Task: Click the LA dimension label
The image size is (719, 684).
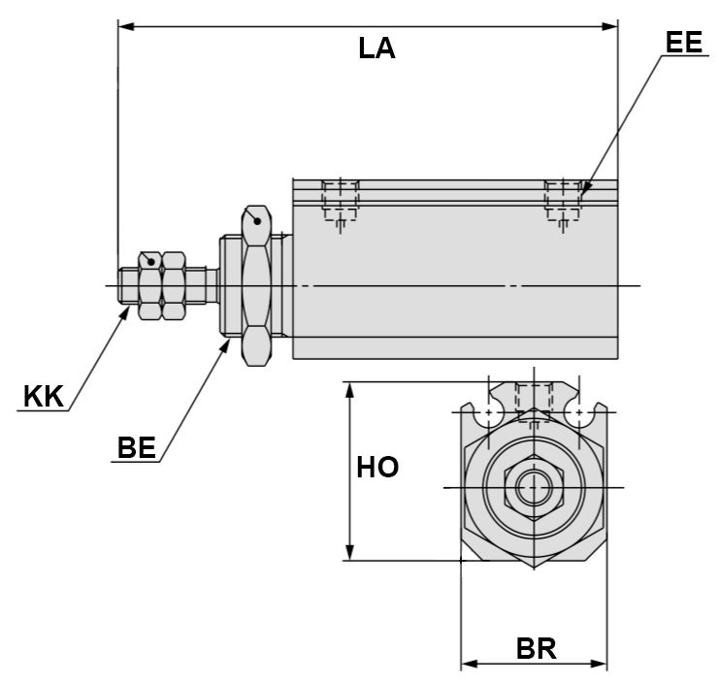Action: click(x=376, y=49)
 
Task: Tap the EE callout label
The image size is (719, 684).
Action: click(x=683, y=42)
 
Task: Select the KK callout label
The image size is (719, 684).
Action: click(x=43, y=396)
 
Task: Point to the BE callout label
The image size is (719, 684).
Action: click(x=136, y=447)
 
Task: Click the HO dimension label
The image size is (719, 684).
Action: click(x=377, y=468)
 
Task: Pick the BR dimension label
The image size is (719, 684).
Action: click(x=535, y=648)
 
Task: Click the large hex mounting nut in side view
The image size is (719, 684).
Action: click(x=256, y=285)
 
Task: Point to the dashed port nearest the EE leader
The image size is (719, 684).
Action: click(x=563, y=201)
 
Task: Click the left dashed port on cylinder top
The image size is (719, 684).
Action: click(x=341, y=201)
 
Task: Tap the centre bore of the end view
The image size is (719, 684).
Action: click(x=533, y=487)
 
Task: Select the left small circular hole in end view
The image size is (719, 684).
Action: click(x=488, y=412)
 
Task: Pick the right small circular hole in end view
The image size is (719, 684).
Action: click(x=578, y=412)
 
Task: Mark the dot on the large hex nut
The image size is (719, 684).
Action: click(x=256, y=221)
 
